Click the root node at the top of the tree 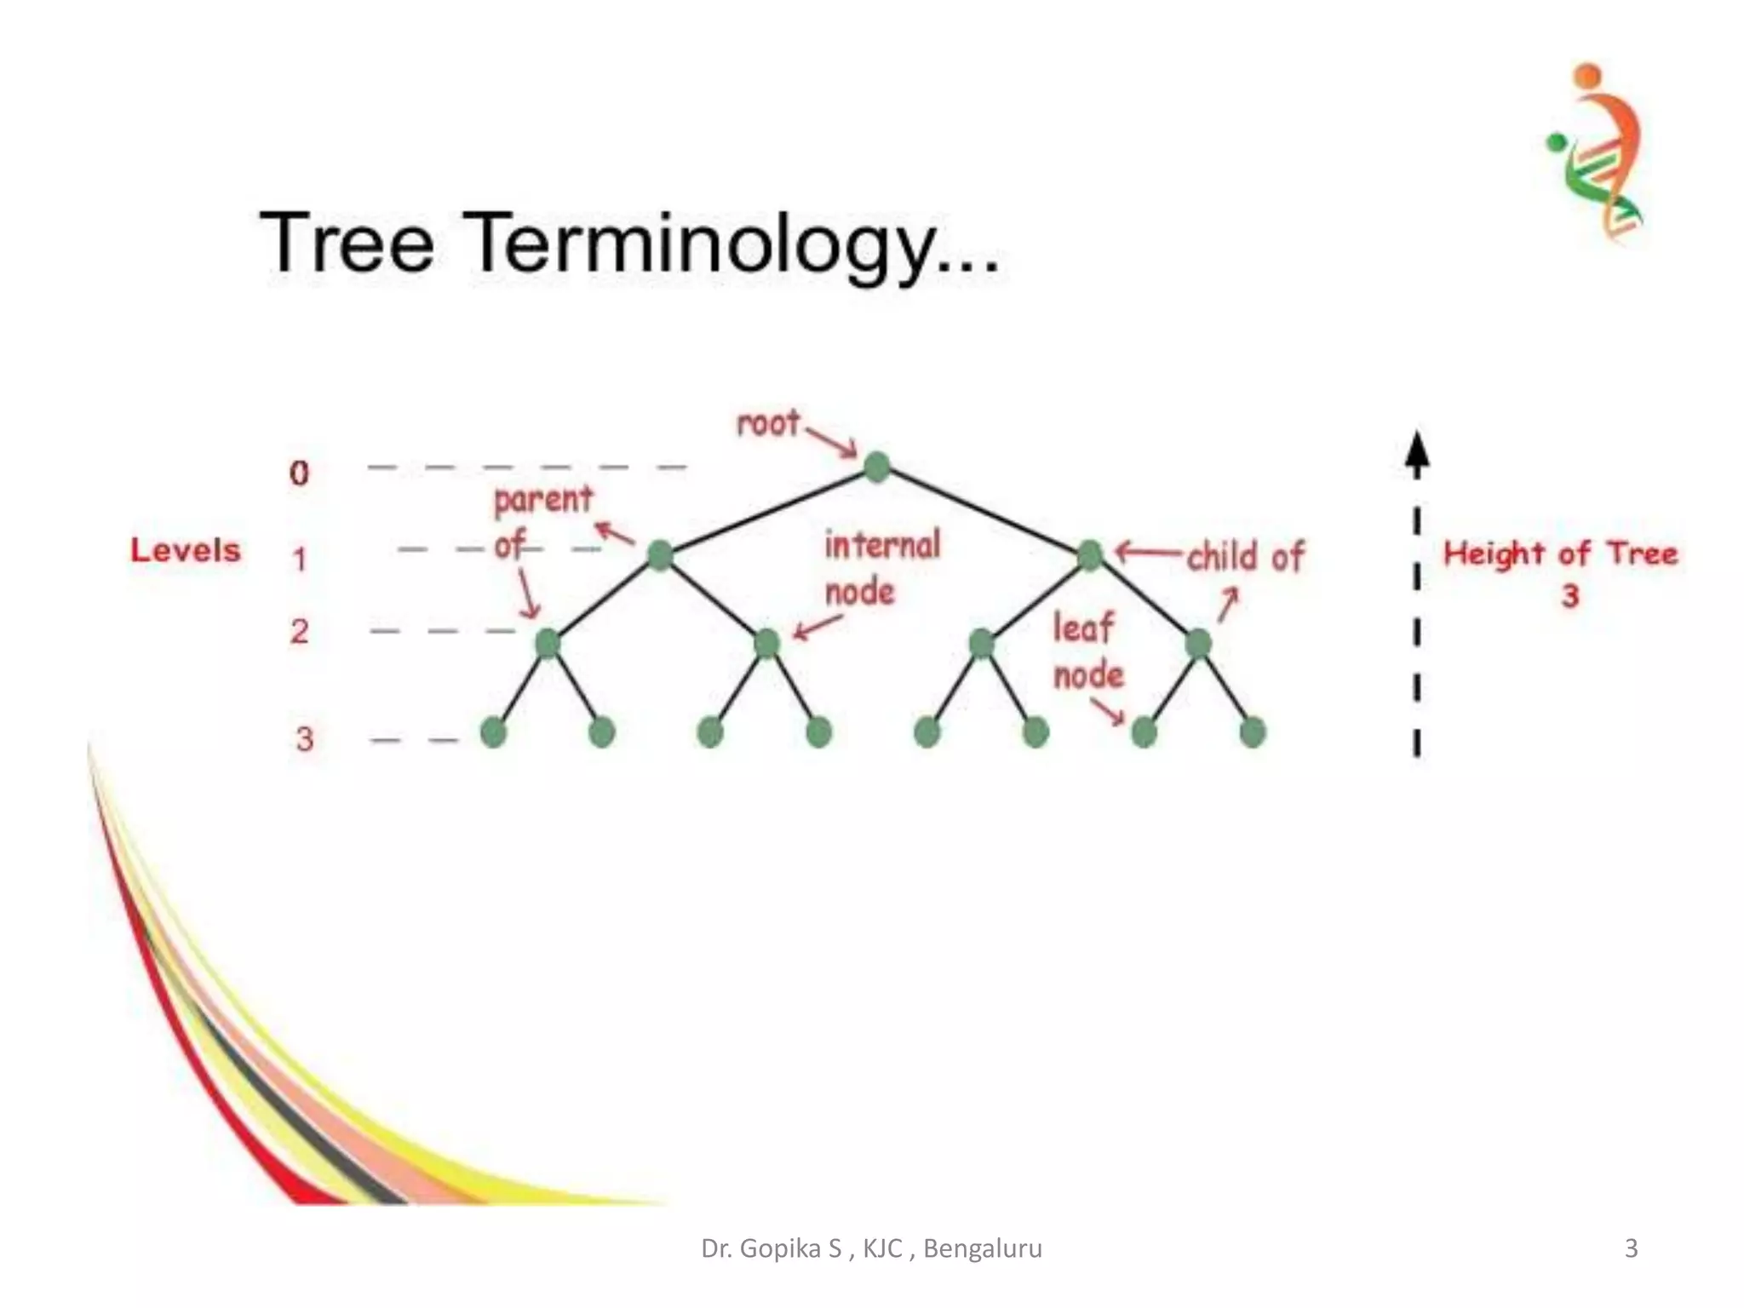[877, 467]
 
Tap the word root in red [768, 423]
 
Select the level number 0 [299, 473]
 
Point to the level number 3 [304, 739]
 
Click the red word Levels [186, 551]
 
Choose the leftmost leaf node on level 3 [494, 732]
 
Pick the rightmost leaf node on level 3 [1253, 732]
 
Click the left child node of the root [660, 555]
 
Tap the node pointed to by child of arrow [1090, 555]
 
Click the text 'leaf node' [1087, 652]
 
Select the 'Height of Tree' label [1560, 554]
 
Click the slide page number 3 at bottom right [1631, 1248]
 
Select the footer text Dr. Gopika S [771, 1248]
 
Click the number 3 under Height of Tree [1570, 596]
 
